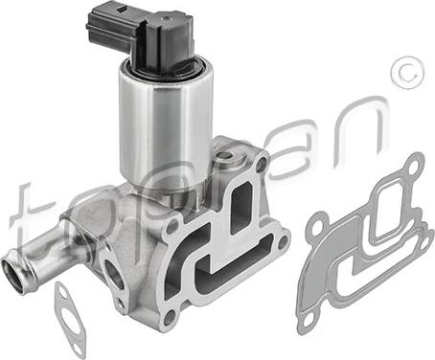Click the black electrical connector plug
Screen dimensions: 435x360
[141, 35]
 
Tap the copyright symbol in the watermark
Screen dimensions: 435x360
[408, 74]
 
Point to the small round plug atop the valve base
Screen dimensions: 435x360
[226, 156]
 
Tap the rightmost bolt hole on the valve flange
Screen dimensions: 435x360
[282, 243]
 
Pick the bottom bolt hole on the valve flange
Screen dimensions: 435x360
[171, 316]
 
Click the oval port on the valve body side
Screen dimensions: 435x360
[111, 272]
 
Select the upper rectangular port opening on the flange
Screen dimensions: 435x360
[240, 204]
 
